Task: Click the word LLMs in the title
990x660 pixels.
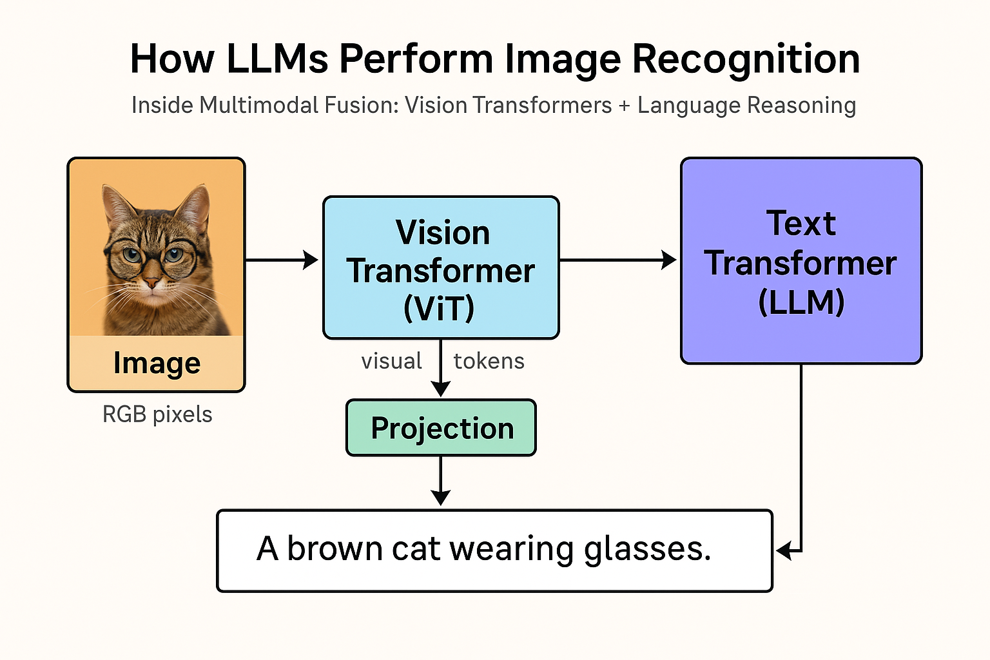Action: point(278,59)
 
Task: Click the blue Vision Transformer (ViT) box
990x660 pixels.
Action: point(441,268)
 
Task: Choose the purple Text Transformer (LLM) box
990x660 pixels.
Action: point(801,261)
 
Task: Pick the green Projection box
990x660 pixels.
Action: point(442,428)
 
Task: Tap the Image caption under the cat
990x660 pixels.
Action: point(157,363)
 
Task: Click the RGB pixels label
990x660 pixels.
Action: point(157,414)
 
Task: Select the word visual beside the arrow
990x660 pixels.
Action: point(391,361)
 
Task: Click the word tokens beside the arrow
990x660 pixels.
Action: point(489,361)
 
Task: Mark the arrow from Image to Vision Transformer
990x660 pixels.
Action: point(282,260)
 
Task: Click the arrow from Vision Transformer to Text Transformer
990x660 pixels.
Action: point(617,260)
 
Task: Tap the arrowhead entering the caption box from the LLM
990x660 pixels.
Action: point(784,551)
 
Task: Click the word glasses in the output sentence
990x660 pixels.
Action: point(647,549)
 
